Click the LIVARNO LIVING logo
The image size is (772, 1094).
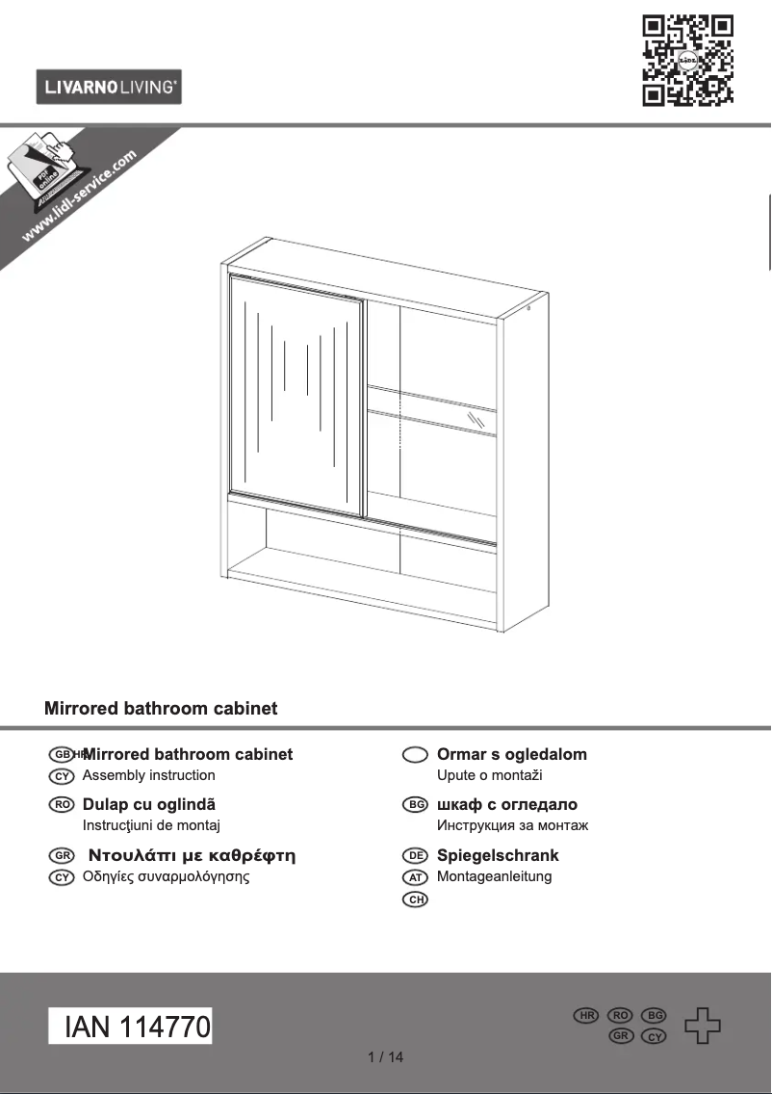pyautogui.click(x=109, y=88)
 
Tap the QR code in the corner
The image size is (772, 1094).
pyautogui.click(x=687, y=60)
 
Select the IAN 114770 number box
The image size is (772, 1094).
pyautogui.click(x=131, y=1027)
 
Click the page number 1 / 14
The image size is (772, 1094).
pyautogui.click(x=386, y=1057)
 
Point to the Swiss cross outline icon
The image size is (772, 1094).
pyautogui.click(x=702, y=1026)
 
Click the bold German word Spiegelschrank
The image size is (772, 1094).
pyautogui.click(x=498, y=855)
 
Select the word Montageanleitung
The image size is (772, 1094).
pyautogui.click(x=494, y=876)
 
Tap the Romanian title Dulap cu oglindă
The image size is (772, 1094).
pyautogui.click(x=149, y=804)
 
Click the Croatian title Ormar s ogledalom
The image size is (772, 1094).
pyautogui.click(x=511, y=754)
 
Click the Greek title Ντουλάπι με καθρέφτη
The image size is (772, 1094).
pyautogui.click(x=192, y=855)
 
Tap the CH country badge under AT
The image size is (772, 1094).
pyautogui.click(x=415, y=899)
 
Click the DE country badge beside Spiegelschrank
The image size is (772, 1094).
pyautogui.click(x=415, y=855)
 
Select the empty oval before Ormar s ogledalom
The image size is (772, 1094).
pyautogui.click(x=415, y=755)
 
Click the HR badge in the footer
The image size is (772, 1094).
pyautogui.click(x=586, y=1016)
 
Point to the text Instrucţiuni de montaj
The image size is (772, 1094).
pyautogui.click(x=152, y=825)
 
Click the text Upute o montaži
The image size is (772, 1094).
pyautogui.click(x=490, y=775)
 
